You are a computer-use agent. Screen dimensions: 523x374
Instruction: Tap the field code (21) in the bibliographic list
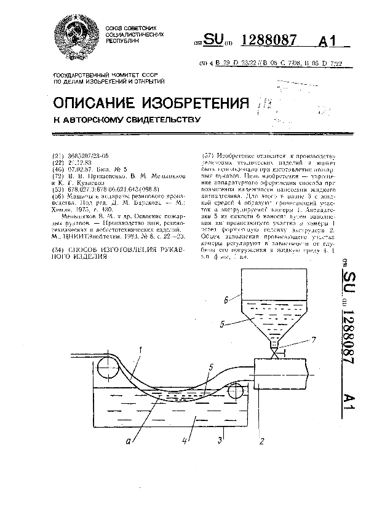point(59,155)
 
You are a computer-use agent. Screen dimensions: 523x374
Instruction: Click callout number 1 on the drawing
point(141,350)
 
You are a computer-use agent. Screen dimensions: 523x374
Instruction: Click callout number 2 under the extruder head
point(260,441)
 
